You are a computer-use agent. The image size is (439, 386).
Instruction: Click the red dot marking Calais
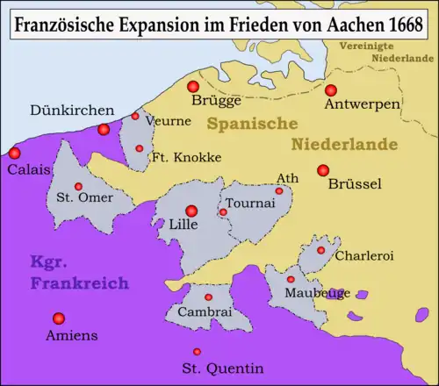point(15,153)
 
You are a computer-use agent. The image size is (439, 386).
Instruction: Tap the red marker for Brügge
point(193,86)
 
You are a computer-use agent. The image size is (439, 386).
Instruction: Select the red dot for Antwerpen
point(331,89)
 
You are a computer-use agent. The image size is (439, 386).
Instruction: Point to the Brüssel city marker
point(323,170)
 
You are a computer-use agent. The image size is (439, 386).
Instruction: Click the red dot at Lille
point(191,210)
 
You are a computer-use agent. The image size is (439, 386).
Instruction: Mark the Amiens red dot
point(59,318)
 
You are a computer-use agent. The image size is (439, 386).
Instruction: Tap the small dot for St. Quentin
point(209,347)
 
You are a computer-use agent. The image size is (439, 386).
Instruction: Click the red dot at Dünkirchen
point(104,129)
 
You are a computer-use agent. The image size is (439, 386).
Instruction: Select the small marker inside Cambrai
point(208,297)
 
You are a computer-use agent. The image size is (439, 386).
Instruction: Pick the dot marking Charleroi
point(320,250)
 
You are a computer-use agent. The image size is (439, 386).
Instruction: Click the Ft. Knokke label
point(186,158)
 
